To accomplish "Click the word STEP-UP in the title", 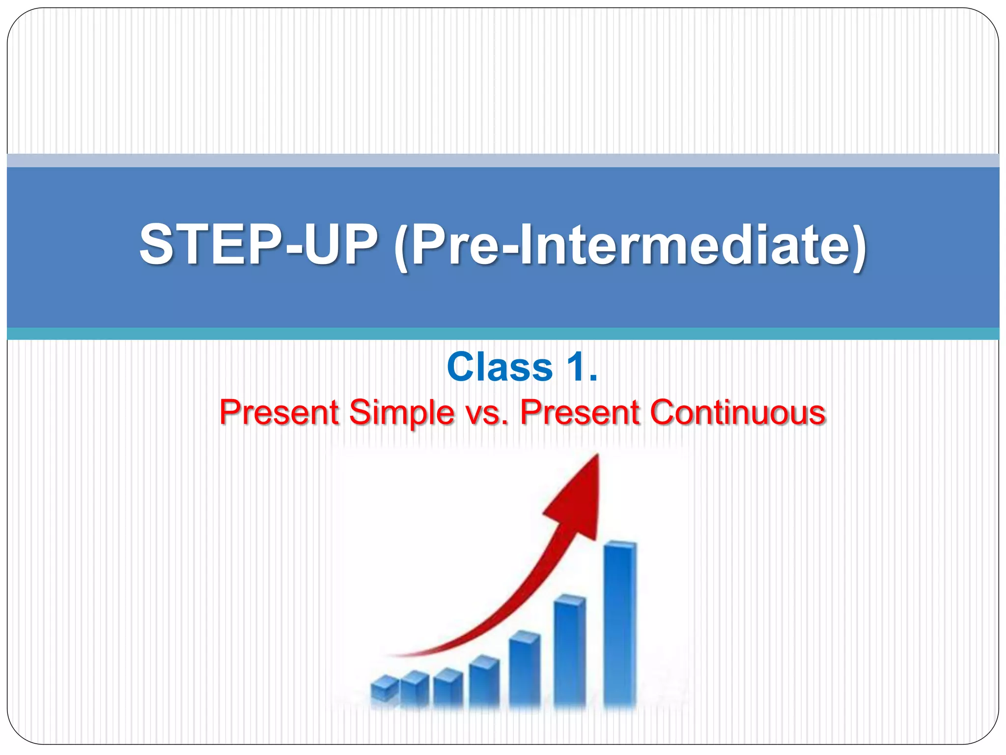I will click(x=259, y=245).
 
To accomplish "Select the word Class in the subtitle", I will click(x=500, y=367).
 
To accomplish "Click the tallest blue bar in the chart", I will click(x=620, y=624).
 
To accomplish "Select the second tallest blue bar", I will click(x=570, y=651).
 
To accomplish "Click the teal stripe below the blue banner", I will click(x=503, y=334).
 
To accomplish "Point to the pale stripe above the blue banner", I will click(x=503, y=160).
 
